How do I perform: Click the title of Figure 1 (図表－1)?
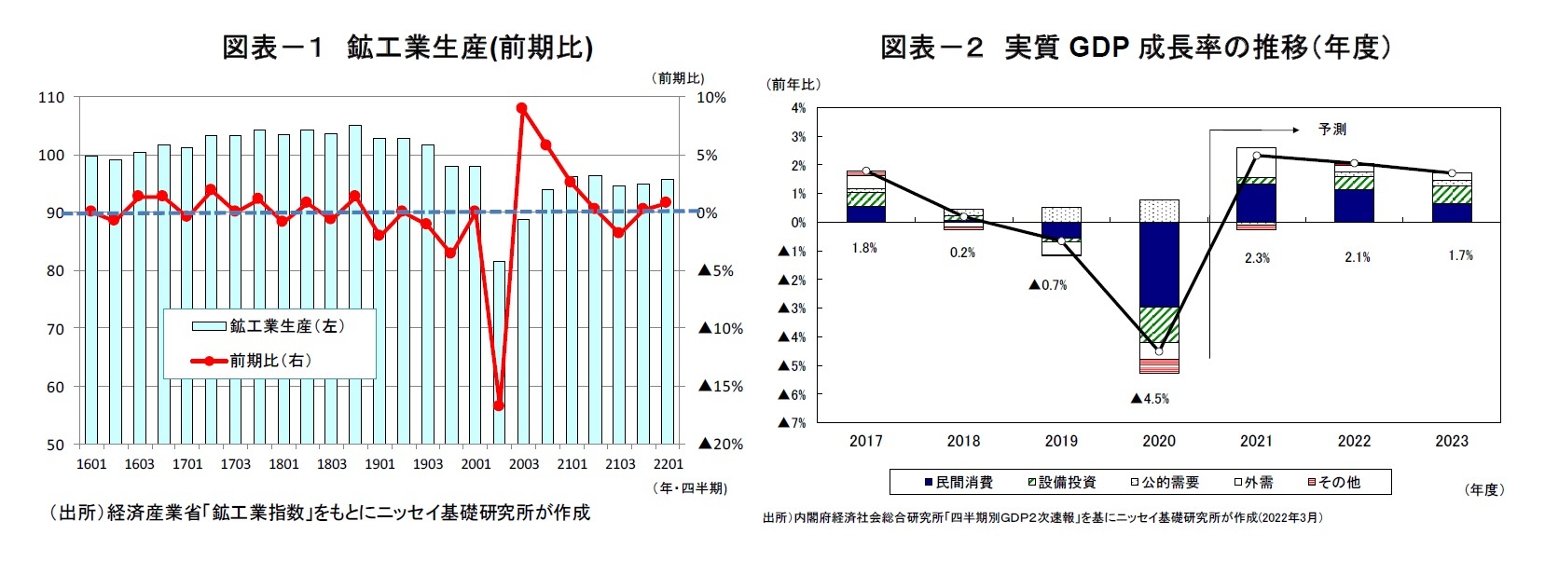pyautogui.click(x=407, y=47)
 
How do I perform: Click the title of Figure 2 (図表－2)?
pyautogui.click(x=1136, y=47)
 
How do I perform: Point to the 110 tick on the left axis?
pyautogui.click(x=52, y=97)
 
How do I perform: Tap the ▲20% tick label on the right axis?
pyautogui.click(x=721, y=445)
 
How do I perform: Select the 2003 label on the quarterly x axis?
pyautogui.click(x=524, y=464)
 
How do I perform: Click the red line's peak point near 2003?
pyautogui.click(x=522, y=108)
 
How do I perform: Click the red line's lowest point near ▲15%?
pyautogui.click(x=499, y=406)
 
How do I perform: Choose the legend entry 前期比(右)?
pyautogui.click(x=253, y=361)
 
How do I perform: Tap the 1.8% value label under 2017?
pyautogui.click(x=864, y=248)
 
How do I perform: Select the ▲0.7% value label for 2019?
pyautogui.click(x=1048, y=285)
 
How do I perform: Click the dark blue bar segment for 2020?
pyautogui.click(x=1159, y=265)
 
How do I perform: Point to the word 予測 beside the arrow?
pyautogui.click(x=1332, y=130)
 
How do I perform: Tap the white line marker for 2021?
pyautogui.click(x=1257, y=156)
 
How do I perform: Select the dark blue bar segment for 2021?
pyautogui.click(x=1257, y=202)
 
